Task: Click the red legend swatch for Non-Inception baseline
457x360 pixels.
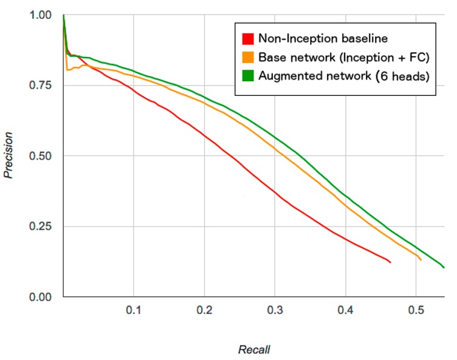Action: (x=247, y=39)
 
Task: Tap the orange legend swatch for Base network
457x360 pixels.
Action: (x=247, y=58)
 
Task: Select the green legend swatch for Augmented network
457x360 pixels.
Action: (x=247, y=76)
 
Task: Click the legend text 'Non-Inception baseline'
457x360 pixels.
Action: (x=323, y=39)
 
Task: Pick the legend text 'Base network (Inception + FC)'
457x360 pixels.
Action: (x=343, y=58)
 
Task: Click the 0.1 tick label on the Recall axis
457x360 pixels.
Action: (x=134, y=310)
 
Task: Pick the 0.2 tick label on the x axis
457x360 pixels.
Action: (x=204, y=310)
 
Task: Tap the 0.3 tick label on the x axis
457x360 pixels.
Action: (x=275, y=310)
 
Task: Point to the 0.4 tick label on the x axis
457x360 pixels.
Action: (x=345, y=310)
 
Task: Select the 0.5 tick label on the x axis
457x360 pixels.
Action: (x=416, y=310)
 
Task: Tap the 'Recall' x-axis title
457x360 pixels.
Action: (x=253, y=350)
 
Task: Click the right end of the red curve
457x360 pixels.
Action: (x=390, y=262)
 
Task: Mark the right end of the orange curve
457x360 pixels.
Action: (x=421, y=260)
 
